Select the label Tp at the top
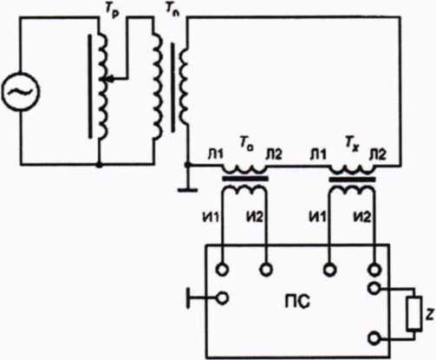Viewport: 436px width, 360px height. tap(112, 10)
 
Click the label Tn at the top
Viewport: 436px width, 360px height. tap(172, 10)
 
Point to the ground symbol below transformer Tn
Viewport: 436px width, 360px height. tap(188, 190)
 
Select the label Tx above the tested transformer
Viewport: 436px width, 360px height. tap(352, 144)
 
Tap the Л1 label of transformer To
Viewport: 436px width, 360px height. tap(216, 154)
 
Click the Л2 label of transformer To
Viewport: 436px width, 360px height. tap(274, 154)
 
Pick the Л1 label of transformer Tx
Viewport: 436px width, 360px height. tap(318, 154)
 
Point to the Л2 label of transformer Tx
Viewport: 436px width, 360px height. tap(378, 154)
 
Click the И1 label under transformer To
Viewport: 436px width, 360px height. tap(211, 218)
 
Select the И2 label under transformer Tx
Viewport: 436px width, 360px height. tap(362, 217)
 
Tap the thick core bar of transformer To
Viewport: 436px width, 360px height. tap(245, 179)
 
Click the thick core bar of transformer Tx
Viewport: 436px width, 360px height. tap(352, 180)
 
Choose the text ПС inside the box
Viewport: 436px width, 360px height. tap(297, 301)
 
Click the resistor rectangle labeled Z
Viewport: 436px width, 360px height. tap(413, 313)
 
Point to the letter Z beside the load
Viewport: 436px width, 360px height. tap(430, 315)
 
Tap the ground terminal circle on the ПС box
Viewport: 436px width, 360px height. tap(223, 298)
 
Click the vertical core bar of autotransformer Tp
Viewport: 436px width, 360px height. tap(90, 86)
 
